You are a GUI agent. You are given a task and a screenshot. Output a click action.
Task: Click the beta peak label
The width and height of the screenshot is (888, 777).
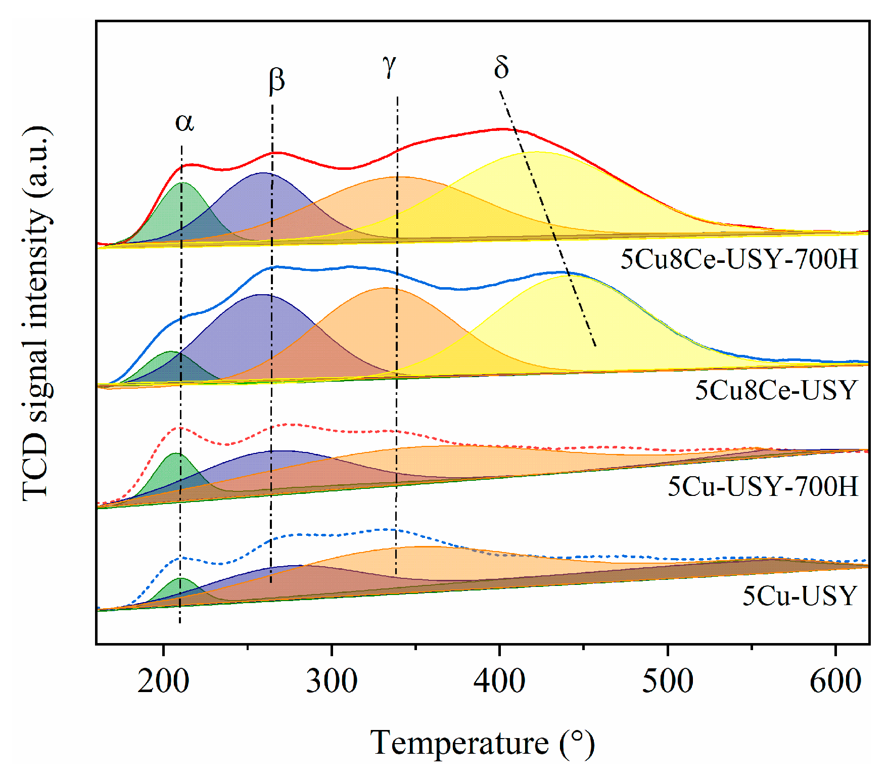coord(276,80)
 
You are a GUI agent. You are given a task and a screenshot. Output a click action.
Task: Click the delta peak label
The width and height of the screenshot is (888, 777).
coord(501,67)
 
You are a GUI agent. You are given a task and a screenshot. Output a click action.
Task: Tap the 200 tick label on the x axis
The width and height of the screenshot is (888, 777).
coord(163,681)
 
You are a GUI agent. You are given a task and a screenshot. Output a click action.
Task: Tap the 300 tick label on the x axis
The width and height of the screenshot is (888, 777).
coord(332,681)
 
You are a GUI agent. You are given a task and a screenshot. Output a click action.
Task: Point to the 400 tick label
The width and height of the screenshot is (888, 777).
coord(499,681)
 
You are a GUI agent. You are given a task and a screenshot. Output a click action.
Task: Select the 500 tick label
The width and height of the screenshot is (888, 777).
coord(668,681)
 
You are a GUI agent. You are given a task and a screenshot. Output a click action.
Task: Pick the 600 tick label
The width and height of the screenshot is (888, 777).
coord(835,681)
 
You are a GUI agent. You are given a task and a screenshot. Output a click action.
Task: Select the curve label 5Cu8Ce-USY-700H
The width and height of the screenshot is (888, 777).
coord(739,259)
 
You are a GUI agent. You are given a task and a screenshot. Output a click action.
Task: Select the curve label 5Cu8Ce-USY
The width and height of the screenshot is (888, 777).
coord(776,390)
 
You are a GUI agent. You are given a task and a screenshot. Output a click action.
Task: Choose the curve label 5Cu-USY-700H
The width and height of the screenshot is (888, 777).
coord(763,486)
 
